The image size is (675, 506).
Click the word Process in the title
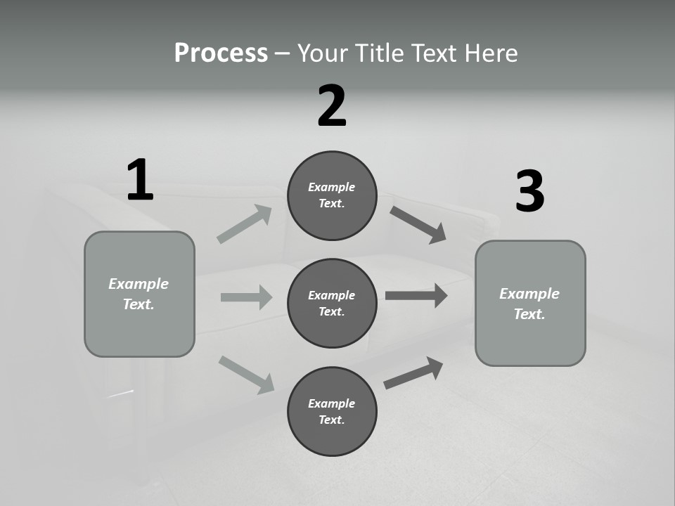tap(221, 53)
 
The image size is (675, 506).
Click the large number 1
tap(140, 181)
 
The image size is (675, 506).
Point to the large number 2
tap(332, 106)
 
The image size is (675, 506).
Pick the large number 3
tap(529, 191)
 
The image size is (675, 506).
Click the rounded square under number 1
tap(139, 294)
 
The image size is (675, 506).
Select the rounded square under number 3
tap(530, 303)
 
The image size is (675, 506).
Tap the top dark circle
tap(332, 195)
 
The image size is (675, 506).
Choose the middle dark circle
tap(332, 303)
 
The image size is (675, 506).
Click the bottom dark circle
tap(332, 411)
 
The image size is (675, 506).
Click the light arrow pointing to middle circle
tap(246, 297)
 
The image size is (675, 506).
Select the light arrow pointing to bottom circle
tap(246, 374)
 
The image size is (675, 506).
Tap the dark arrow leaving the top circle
tap(418, 224)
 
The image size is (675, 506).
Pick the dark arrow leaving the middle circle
tap(416, 295)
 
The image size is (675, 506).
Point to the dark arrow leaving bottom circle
tap(413, 372)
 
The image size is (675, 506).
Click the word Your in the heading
tap(323, 53)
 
